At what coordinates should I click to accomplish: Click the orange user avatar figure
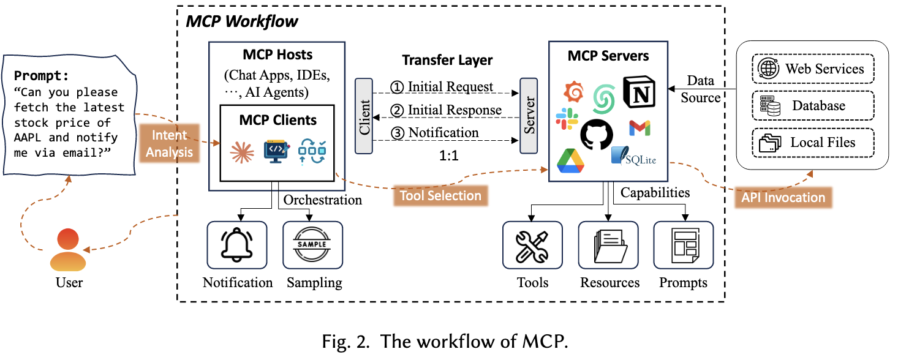pyautogui.click(x=68, y=250)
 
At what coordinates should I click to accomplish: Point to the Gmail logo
pyautogui.click(x=640, y=128)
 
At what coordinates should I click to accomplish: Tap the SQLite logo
pyautogui.click(x=633, y=157)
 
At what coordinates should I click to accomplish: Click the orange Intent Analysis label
pyautogui.click(x=169, y=143)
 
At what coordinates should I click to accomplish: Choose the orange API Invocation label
pyautogui.click(x=783, y=197)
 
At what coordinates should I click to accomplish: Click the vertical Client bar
pyautogui.click(x=364, y=116)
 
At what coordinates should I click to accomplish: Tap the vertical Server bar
pyautogui.click(x=528, y=116)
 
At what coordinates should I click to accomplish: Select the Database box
pyautogui.click(x=812, y=106)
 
